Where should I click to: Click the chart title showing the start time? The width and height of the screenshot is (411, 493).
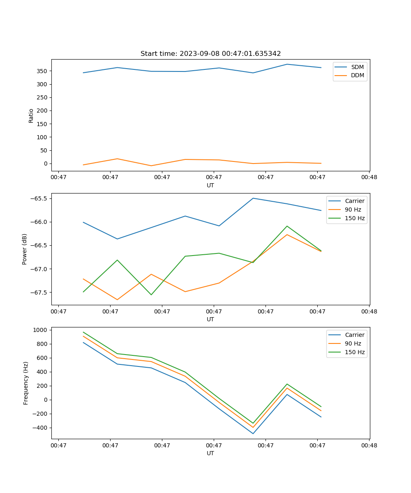tap(210, 54)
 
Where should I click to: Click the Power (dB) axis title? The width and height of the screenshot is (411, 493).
tap(25, 249)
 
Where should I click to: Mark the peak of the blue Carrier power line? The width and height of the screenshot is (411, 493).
tap(253, 198)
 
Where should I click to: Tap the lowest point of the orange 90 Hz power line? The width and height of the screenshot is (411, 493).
tap(117, 300)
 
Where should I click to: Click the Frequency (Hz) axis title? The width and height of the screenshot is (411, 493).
tap(26, 383)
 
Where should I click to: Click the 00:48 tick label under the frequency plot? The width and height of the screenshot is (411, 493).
tap(369, 445)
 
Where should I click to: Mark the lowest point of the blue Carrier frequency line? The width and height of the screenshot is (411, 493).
tap(253, 434)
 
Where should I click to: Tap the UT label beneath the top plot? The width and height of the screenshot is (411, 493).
tap(210, 185)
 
